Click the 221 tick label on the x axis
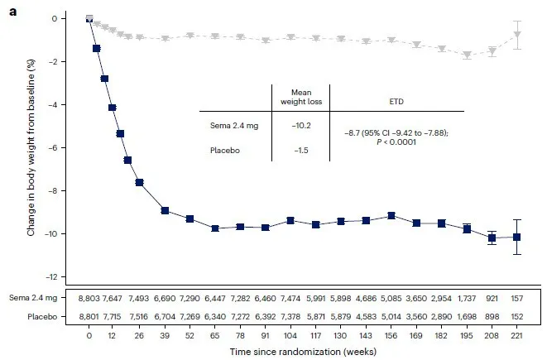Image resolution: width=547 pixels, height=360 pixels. click(x=517, y=337)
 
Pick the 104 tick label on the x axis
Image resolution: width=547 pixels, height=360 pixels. click(x=290, y=337)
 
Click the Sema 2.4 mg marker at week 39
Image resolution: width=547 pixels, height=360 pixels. click(x=166, y=210)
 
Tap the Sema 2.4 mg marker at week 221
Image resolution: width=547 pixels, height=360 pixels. click(x=517, y=237)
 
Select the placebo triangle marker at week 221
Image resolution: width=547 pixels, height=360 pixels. click(x=517, y=35)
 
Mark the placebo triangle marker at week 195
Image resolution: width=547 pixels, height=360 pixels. click(x=468, y=55)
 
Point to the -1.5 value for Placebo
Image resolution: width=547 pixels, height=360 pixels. click(x=300, y=151)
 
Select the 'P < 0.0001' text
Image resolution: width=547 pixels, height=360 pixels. click(x=396, y=142)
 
